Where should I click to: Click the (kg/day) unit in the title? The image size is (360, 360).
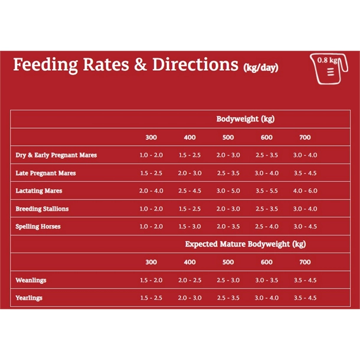pyautogui.click(x=260, y=67)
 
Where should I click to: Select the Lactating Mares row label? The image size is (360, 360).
pyautogui.click(x=39, y=191)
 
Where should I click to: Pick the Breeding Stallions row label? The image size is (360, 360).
pyautogui.click(x=42, y=209)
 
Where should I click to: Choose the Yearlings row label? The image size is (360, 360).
pyautogui.click(x=30, y=298)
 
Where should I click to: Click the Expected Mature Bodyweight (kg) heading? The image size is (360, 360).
pyautogui.click(x=246, y=244)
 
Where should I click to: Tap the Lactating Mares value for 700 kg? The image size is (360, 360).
pyautogui.click(x=305, y=191)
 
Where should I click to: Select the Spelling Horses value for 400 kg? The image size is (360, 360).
pyautogui.click(x=189, y=227)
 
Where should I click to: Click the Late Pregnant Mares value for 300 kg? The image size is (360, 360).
pyautogui.click(x=151, y=174)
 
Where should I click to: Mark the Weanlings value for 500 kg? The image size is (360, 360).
pyautogui.click(x=228, y=280)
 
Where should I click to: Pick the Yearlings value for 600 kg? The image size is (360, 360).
pyautogui.click(x=266, y=298)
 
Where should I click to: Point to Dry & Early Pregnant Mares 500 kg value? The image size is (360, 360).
pyautogui.click(x=228, y=155)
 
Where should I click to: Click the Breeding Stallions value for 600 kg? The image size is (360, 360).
pyautogui.click(x=266, y=209)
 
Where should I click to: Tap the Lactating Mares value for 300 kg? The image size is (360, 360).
pyautogui.click(x=151, y=191)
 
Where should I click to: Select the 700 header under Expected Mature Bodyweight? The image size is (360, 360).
pyautogui.click(x=305, y=262)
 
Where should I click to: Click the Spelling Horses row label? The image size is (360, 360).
pyautogui.click(x=38, y=227)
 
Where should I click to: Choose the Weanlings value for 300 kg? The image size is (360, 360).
pyautogui.click(x=151, y=280)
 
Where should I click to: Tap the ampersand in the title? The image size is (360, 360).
pyautogui.click(x=140, y=65)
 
